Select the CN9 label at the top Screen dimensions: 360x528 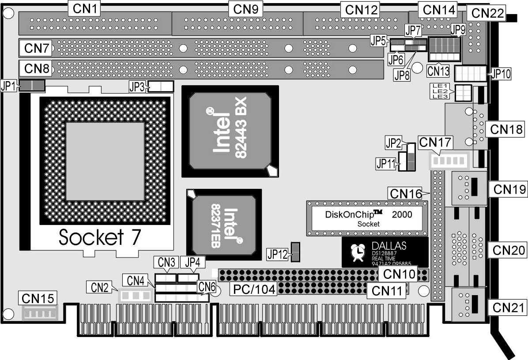pos(245,8)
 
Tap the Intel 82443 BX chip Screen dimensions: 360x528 pos(230,131)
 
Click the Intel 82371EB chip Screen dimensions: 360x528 pos(219,225)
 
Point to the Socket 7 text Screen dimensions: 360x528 pos(100,237)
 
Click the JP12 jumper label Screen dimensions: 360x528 pos(277,254)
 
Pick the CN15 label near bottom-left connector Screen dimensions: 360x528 pos(38,299)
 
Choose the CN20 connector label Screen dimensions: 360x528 pos(506,250)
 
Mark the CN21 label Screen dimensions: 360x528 pos(507,307)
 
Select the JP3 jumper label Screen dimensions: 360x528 pos(137,86)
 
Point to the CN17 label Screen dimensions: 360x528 pos(435,142)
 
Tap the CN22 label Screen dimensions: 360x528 pos(487,13)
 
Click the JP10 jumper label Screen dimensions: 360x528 pos(500,74)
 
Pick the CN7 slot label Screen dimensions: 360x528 pos(36,48)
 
